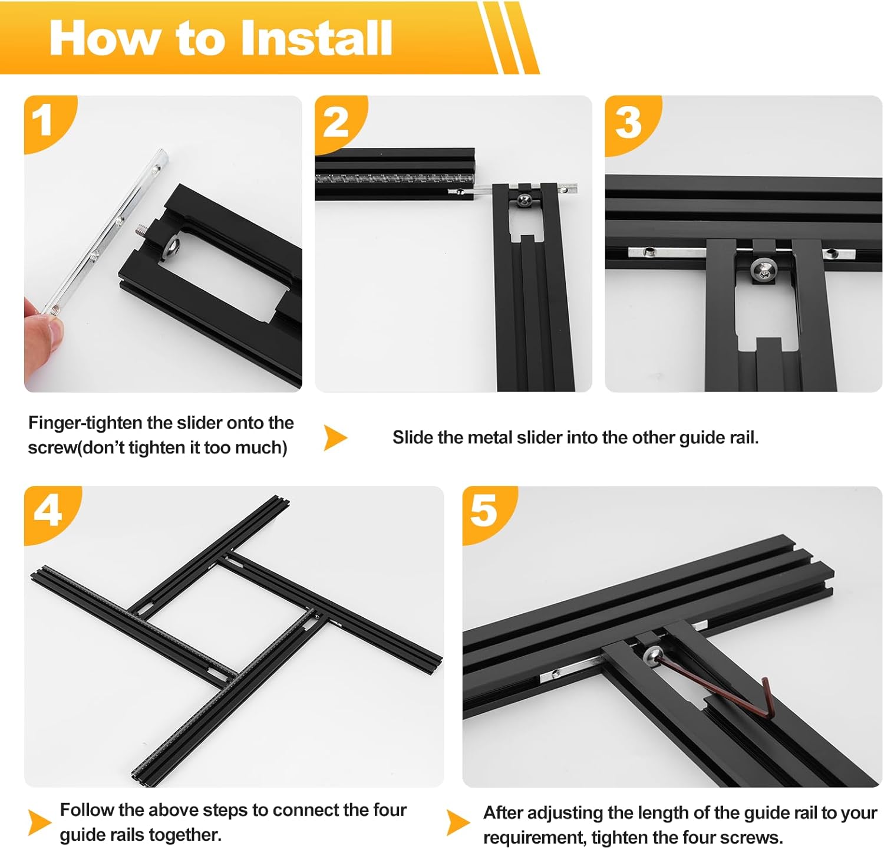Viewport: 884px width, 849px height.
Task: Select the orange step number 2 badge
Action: point(337,122)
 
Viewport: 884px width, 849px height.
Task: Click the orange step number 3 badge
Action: point(629,123)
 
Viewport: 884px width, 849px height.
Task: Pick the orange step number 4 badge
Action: point(48,512)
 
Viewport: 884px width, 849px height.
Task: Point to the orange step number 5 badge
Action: point(486,511)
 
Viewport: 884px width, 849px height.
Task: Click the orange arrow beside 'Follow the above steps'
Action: point(39,822)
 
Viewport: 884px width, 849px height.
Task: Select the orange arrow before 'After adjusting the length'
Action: point(458,822)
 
